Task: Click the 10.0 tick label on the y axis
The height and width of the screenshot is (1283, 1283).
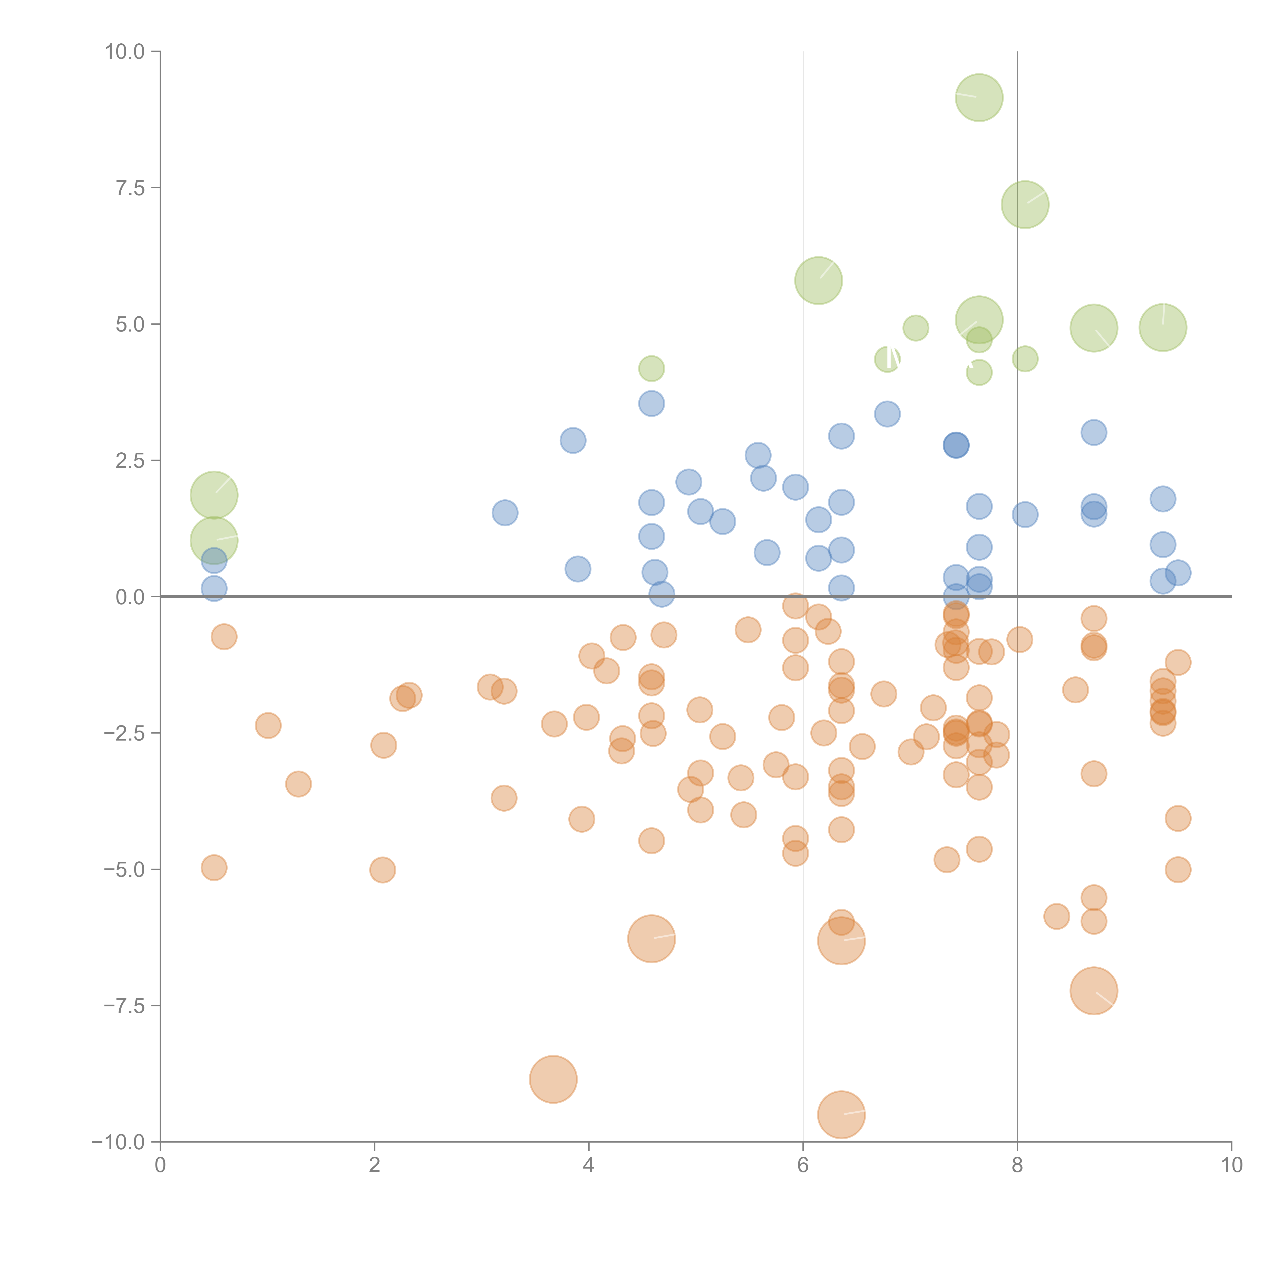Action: coord(125,52)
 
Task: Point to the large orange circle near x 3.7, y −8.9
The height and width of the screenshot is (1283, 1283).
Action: coord(553,1079)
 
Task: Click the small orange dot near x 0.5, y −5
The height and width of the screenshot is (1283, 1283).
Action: coord(214,867)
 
